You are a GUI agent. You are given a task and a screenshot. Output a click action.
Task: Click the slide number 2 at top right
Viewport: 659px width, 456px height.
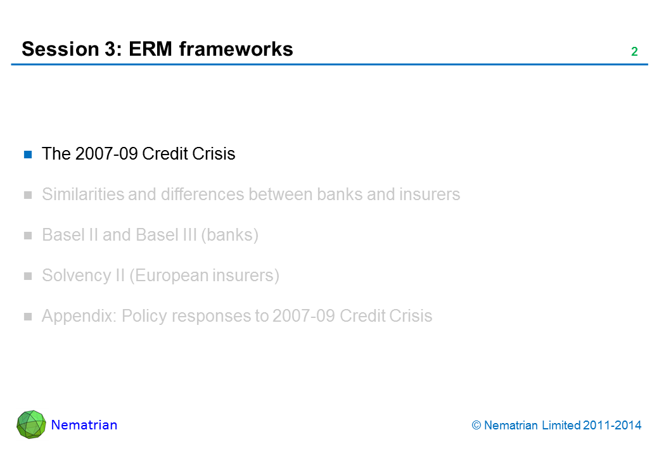(x=634, y=52)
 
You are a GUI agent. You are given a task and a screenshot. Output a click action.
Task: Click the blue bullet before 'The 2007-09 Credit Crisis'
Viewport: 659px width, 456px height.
(x=28, y=155)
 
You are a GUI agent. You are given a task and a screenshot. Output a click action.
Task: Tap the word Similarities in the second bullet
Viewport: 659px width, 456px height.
(x=82, y=194)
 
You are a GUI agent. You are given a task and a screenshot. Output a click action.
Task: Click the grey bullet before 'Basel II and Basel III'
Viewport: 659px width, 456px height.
(x=28, y=236)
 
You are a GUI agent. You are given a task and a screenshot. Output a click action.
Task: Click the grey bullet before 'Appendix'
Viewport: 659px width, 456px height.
(x=28, y=317)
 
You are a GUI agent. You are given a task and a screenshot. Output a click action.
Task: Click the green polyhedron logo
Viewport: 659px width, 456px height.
(x=31, y=424)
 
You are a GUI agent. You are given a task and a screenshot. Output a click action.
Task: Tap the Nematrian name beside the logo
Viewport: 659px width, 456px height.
(x=84, y=425)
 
